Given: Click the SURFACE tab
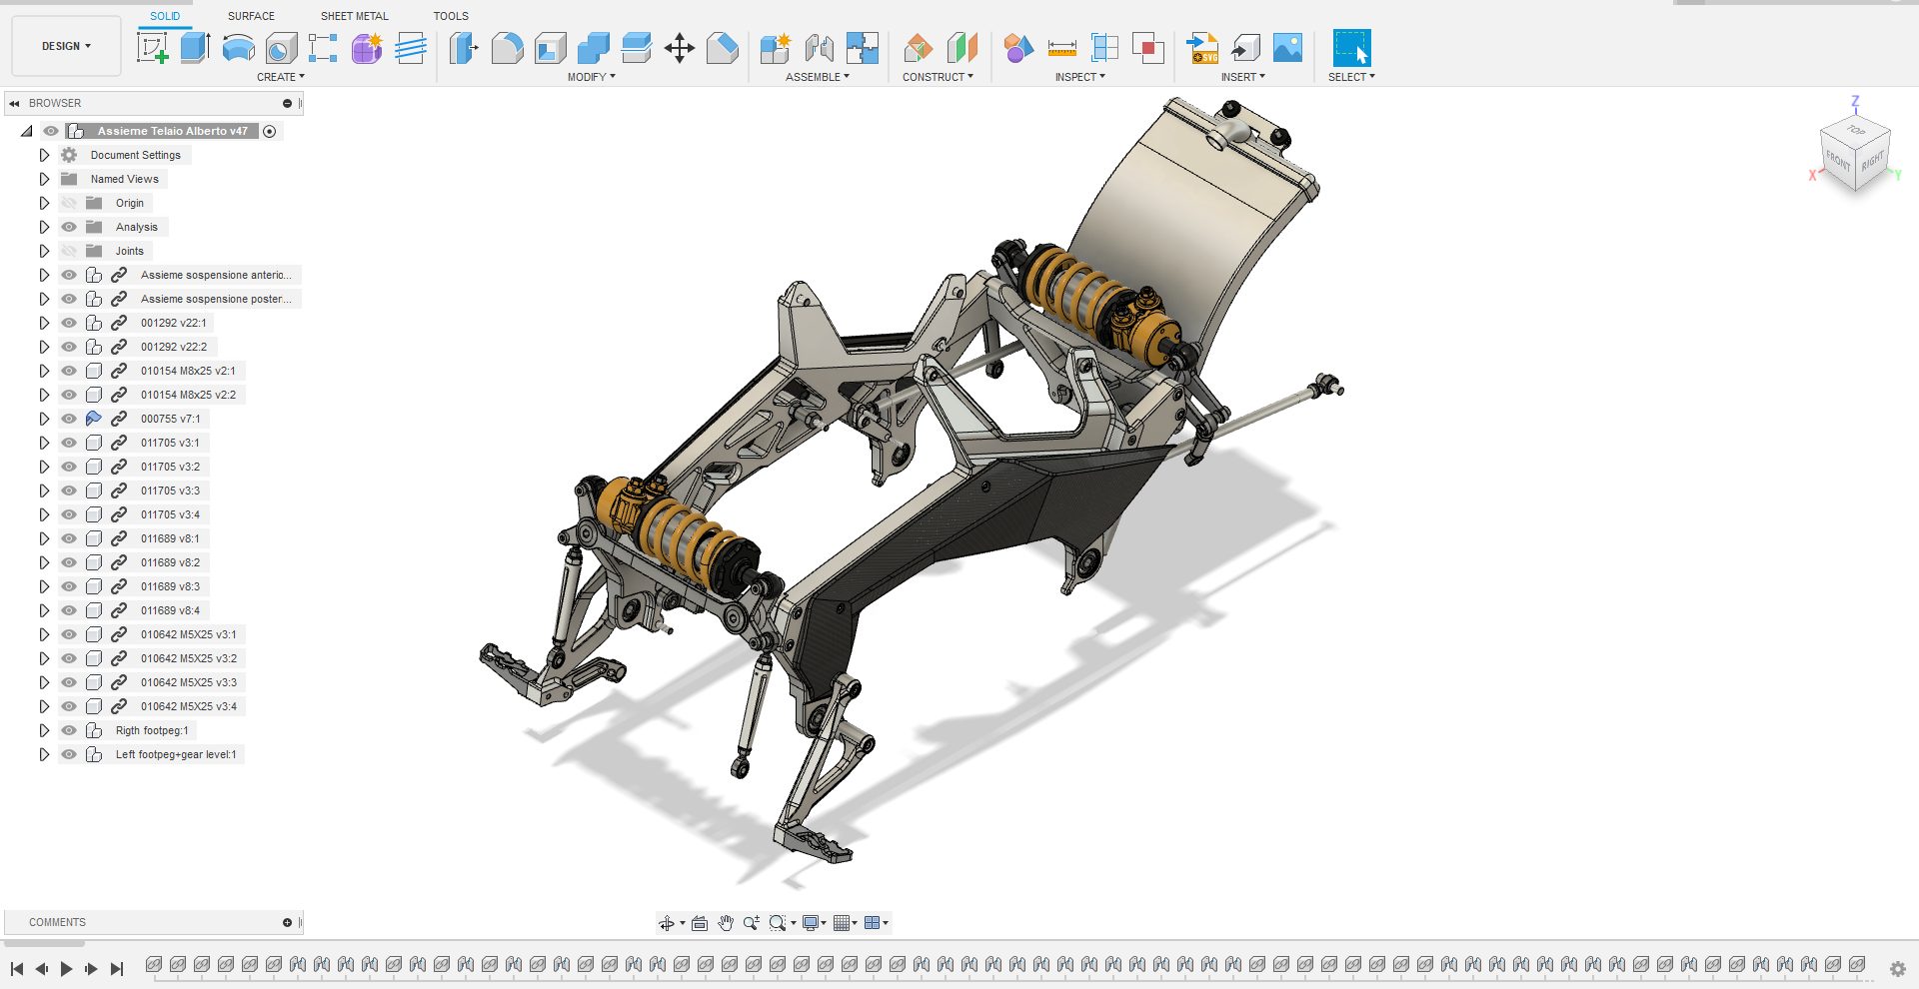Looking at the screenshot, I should (251, 16).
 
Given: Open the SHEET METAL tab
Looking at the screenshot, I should (354, 16).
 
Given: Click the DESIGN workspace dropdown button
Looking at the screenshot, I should (66, 46).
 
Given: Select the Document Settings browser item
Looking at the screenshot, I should (135, 155).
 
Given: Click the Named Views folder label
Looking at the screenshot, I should (124, 179).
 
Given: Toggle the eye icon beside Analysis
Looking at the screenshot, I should (69, 227).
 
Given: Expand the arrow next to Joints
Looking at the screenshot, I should (44, 251).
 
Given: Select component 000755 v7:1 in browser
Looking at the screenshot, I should (170, 419).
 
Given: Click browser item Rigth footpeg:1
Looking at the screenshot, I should (152, 730).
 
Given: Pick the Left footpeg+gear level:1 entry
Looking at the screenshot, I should (176, 754).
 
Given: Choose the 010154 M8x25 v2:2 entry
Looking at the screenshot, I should (188, 395).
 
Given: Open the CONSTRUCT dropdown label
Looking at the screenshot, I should (937, 77).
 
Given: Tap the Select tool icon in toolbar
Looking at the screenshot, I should (1351, 47).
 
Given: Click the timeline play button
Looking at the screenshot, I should (66, 968).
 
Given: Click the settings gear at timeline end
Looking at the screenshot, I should (1897, 968).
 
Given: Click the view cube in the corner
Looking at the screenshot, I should (1855, 152).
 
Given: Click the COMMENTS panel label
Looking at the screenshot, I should (57, 922).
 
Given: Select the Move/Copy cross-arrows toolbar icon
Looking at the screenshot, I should (680, 48).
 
